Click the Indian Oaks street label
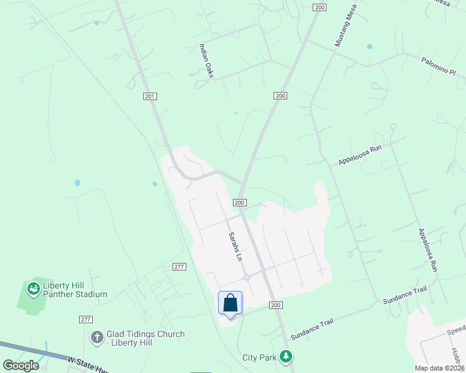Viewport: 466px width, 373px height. click(206, 61)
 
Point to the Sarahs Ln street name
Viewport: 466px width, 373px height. click(234, 246)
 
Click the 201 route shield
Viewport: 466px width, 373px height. click(150, 96)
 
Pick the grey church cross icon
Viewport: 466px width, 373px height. click(97, 338)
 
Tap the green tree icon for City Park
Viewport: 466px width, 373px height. click(286, 357)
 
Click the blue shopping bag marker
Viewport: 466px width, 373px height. click(230, 303)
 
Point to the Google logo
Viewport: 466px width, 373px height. click(21, 366)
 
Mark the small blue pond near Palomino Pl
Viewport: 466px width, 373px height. click(369, 47)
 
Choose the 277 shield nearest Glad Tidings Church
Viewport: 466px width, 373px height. click(86, 319)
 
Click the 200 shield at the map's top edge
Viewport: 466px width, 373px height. click(320, 7)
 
